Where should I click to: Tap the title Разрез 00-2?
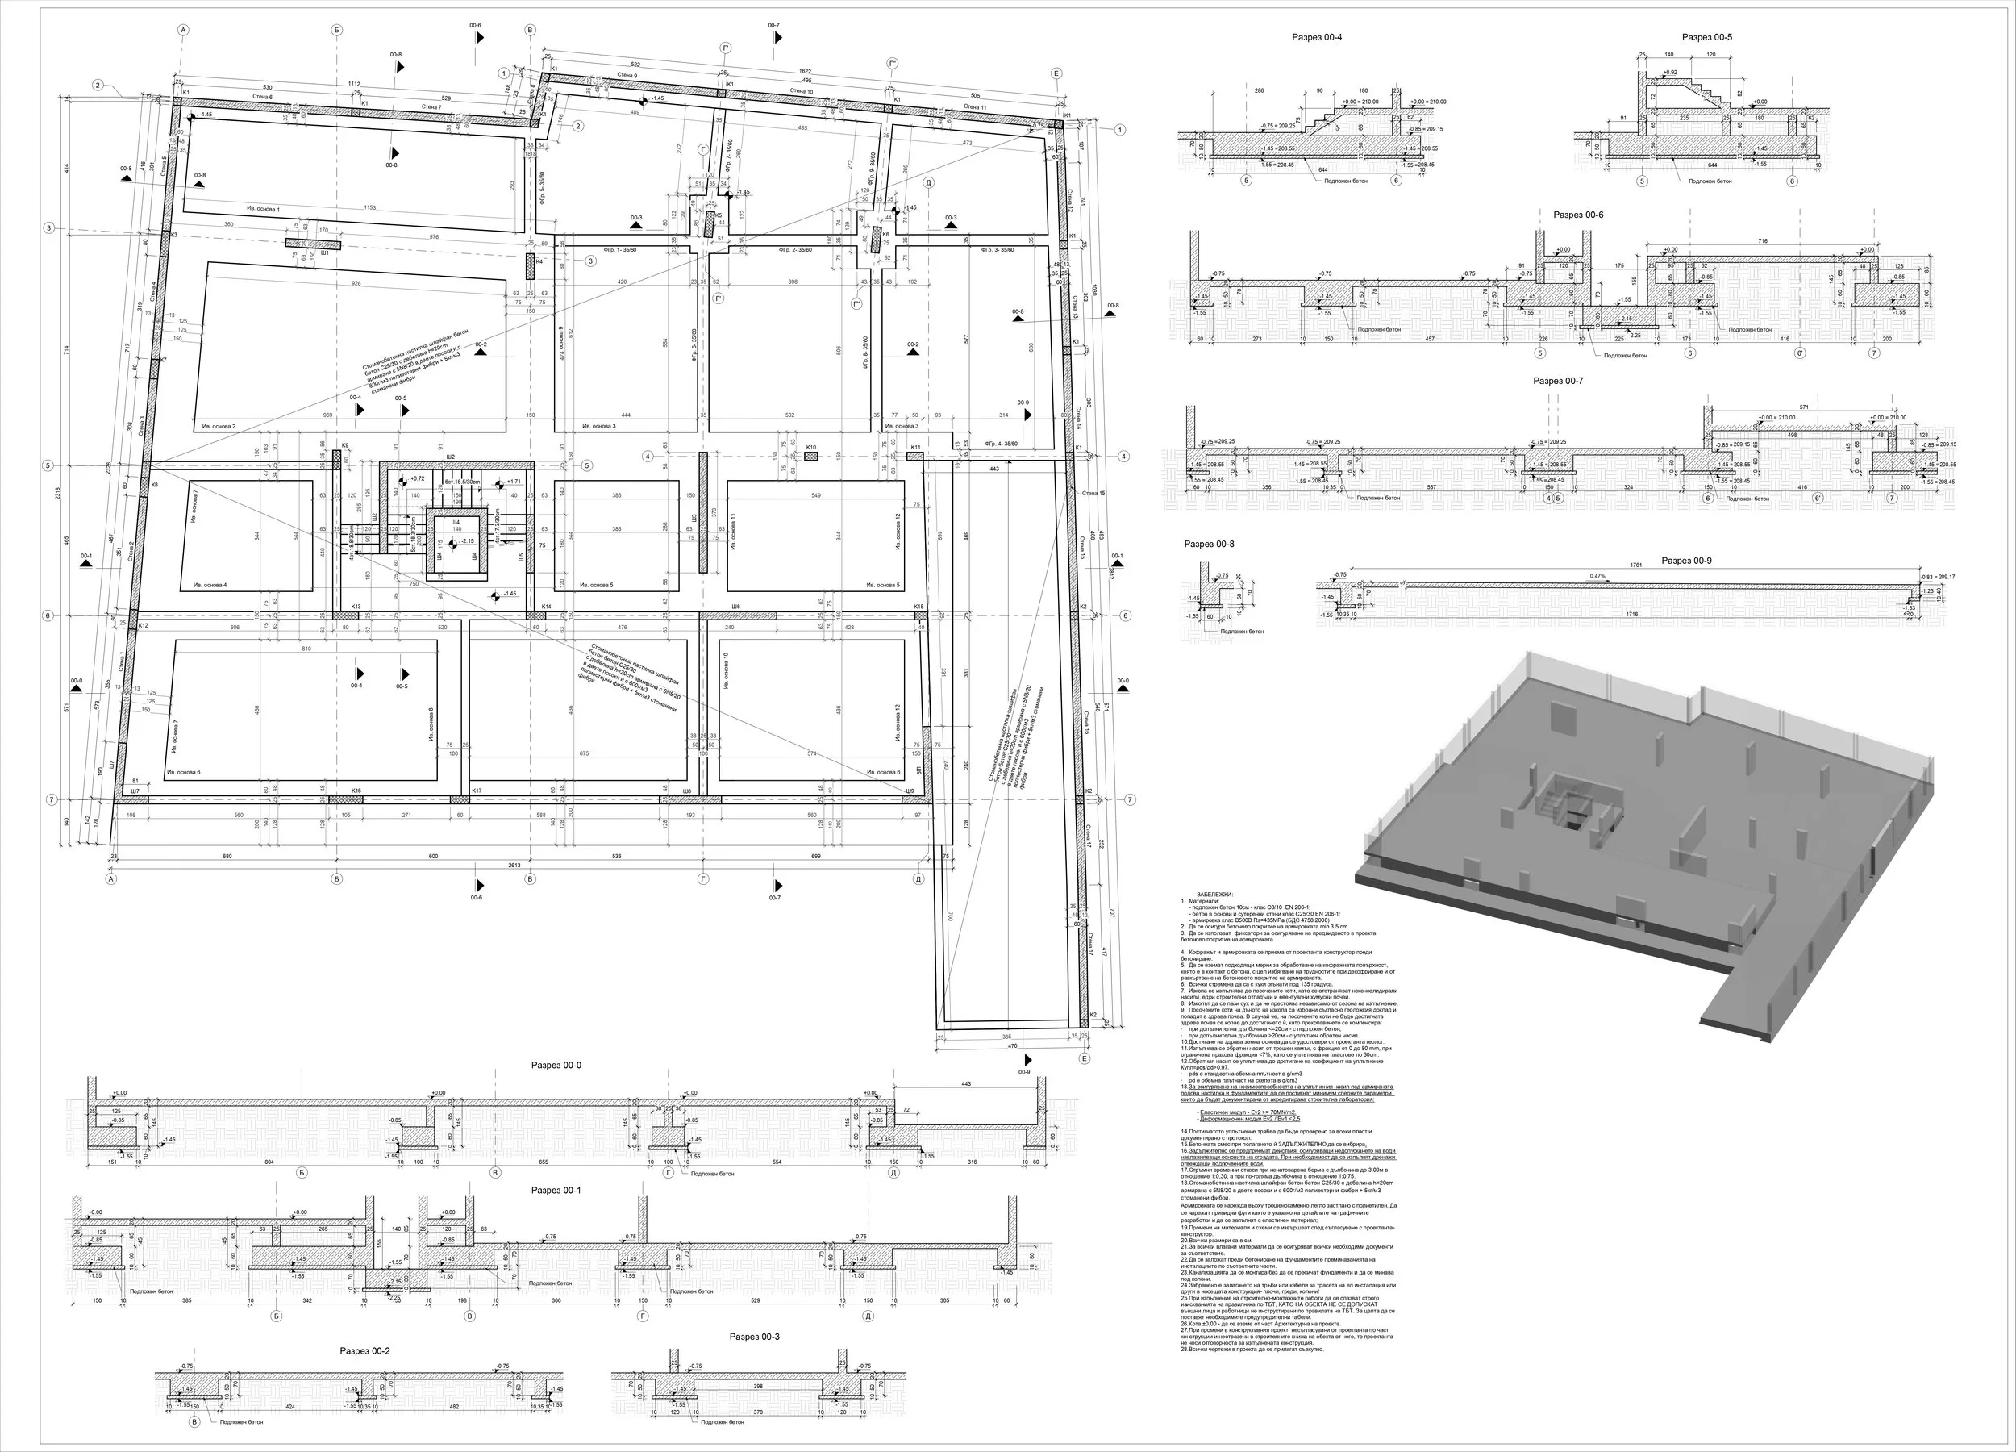pos(364,1350)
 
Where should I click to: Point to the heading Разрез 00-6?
pos(1579,215)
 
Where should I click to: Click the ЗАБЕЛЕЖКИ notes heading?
pos(1214,894)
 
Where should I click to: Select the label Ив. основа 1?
pos(263,209)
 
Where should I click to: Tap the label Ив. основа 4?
pos(210,585)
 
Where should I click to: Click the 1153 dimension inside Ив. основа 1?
pos(371,208)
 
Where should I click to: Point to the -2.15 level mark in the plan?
pos(468,541)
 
